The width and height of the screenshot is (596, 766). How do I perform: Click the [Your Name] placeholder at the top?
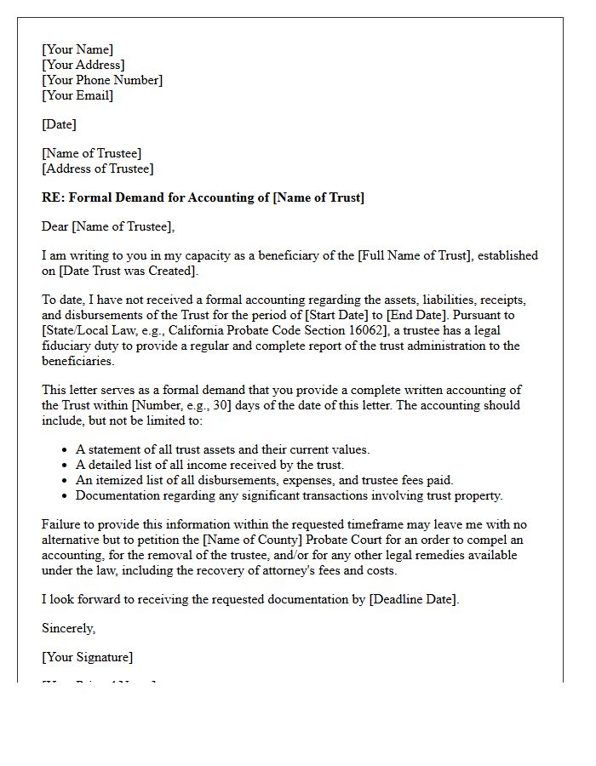77,49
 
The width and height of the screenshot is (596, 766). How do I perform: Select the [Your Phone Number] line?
102,80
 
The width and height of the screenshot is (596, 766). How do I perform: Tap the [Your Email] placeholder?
77,95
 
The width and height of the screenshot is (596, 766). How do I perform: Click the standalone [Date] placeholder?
59,124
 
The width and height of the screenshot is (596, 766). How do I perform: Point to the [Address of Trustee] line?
98,169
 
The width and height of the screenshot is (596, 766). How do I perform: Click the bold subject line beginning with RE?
203,197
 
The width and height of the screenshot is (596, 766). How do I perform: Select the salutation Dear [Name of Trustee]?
108,226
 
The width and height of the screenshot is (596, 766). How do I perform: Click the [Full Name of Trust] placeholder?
419,255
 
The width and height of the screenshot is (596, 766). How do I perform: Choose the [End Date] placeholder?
409,315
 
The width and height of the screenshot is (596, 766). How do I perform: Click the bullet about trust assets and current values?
222,449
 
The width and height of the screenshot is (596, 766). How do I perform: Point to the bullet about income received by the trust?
209,465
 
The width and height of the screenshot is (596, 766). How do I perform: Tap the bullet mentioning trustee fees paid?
264,480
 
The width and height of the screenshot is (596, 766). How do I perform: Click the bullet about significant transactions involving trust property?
289,495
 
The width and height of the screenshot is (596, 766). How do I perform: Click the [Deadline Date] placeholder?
414,599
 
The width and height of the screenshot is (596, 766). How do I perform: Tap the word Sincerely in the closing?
68,628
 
